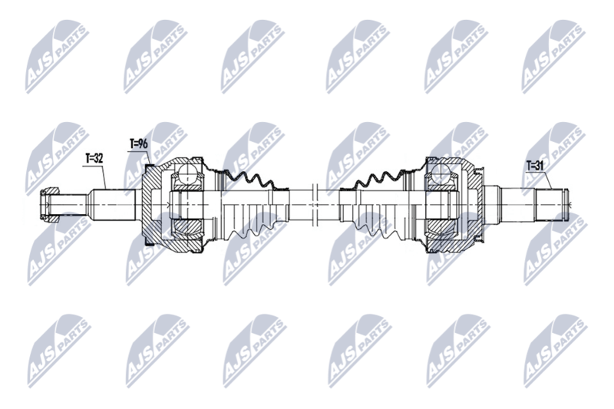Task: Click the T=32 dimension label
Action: point(94,159)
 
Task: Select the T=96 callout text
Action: point(139,143)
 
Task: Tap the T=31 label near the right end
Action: point(535,166)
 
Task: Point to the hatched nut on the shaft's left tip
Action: point(49,206)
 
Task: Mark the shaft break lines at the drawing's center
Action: point(315,205)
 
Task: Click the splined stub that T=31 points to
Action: point(551,205)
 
